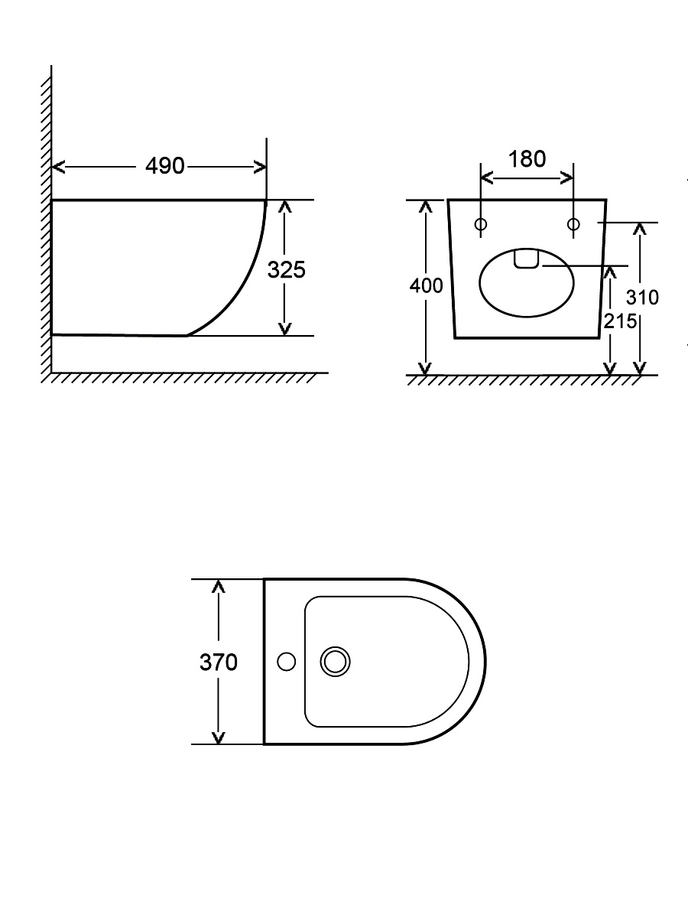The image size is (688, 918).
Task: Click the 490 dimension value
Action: pos(164,166)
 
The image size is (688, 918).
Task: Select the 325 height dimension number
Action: pos(286,270)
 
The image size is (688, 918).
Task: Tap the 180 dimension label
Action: pos(527,159)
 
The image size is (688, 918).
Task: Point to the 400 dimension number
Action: pos(426,286)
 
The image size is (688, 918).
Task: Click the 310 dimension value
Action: pos(642,298)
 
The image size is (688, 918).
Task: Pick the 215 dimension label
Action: pos(620,321)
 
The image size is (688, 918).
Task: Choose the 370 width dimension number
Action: pos(219,662)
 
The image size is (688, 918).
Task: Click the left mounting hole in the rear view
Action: pos(481,224)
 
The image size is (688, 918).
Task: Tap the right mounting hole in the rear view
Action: pos(573,224)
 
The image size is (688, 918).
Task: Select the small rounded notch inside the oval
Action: pos(527,259)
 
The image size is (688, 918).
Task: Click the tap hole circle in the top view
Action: pos(287,662)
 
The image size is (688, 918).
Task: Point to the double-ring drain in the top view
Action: pos(335,662)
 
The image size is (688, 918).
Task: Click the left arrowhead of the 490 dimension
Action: pos(57,167)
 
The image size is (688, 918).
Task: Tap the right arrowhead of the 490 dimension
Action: pos(260,167)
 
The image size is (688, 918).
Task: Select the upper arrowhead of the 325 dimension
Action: pos(284,207)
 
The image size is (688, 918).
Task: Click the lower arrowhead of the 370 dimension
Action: pos(218,737)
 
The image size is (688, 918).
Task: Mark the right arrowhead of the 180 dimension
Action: pos(566,177)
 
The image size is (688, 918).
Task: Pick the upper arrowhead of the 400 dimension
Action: pos(425,207)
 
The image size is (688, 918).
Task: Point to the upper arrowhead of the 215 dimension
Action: pos(610,272)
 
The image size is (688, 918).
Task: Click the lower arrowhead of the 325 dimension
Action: pos(284,329)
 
